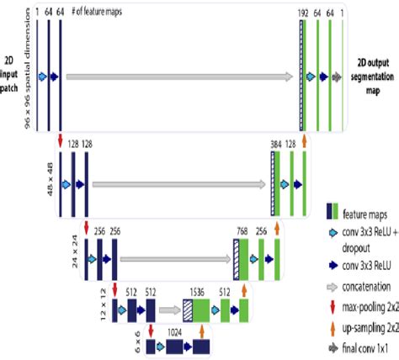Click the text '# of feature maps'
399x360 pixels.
coord(98,13)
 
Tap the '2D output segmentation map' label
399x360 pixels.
coord(373,74)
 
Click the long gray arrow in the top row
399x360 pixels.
coord(179,77)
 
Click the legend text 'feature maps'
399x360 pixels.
coord(368,214)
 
